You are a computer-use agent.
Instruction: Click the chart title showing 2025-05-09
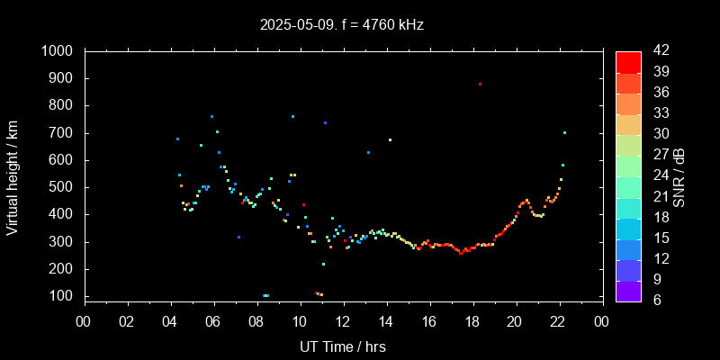[x=341, y=24]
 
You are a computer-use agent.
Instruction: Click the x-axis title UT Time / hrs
[x=343, y=346]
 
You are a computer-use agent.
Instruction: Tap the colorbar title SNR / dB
[x=680, y=175]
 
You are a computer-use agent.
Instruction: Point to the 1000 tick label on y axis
[x=59, y=51]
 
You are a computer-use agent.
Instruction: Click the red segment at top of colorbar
[x=628, y=61]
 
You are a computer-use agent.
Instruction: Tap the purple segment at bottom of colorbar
[x=628, y=290]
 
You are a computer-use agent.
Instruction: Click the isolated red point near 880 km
[x=480, y=84]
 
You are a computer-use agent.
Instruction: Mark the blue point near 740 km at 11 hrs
[x=325, y=122]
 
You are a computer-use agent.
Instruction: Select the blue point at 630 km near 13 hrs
[x=368, y=152]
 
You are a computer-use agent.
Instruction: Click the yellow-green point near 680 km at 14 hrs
[x=390, y=139]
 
